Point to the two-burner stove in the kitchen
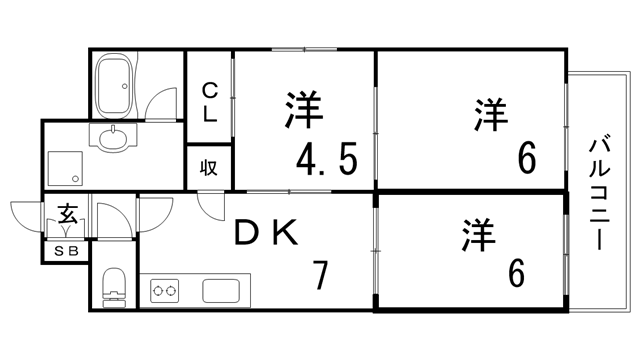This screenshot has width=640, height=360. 166,292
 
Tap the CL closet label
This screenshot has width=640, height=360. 210,102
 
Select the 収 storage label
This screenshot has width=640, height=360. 210,167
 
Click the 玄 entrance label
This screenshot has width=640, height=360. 67,214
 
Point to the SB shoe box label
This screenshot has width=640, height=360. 66,251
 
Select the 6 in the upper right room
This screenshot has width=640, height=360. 526,157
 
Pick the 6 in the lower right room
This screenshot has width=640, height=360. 516,272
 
